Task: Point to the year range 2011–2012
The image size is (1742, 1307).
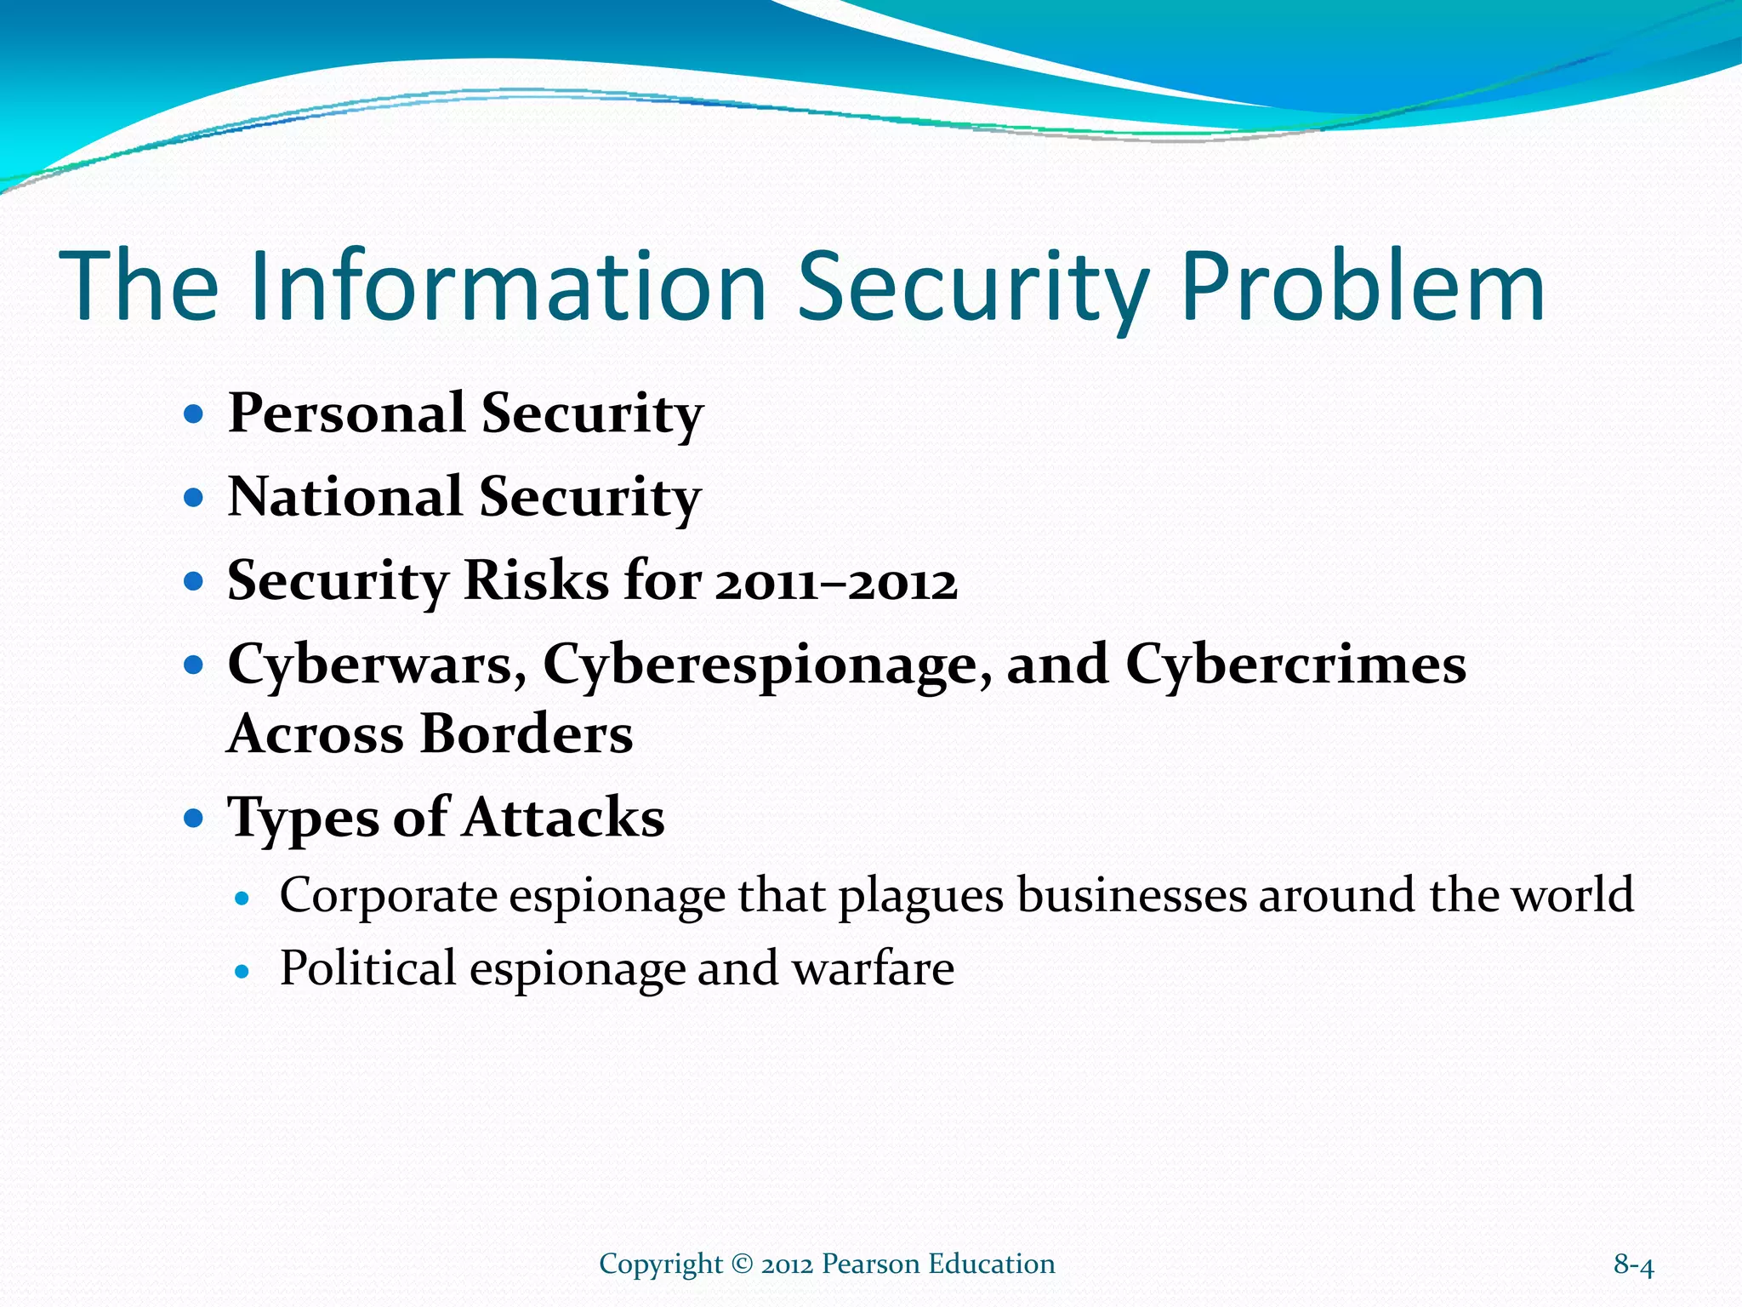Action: point(836,583)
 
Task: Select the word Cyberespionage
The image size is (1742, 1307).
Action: point(766,665)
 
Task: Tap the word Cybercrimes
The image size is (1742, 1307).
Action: point(1295,665)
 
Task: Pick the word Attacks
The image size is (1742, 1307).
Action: point(563,818)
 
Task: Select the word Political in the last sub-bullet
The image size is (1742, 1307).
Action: point(367,969)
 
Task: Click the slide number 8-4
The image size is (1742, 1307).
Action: point(1633,1265)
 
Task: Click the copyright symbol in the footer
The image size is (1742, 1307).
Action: point(742,1264)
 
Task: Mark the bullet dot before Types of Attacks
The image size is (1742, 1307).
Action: point(195,819)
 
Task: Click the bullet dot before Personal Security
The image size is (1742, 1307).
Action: point(195,415)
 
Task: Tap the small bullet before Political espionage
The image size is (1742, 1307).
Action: point(243,971)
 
